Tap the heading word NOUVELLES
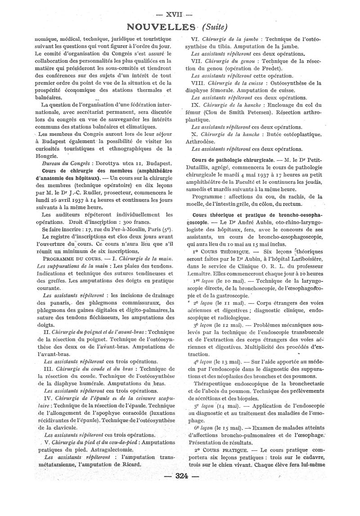[x=162, y=27]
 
